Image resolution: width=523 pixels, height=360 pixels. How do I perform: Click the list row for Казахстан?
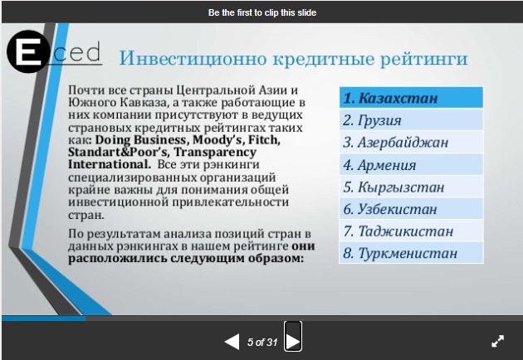[x=411, y=98]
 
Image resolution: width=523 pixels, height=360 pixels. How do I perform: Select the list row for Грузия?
[x=411, y=120]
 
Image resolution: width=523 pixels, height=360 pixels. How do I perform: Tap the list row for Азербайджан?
[x=411, y=143]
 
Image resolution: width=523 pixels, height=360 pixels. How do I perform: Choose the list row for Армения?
[x=411, y=165]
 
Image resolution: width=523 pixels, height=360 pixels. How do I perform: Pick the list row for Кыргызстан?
[x=411, y=187]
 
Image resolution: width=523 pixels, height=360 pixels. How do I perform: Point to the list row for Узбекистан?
[x=411, y=209]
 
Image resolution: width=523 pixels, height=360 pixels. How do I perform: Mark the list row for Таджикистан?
[x=411, y=231]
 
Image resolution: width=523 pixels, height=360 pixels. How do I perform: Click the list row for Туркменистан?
[x=411, y=253]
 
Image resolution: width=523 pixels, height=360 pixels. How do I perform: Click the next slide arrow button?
[x=293, y=336]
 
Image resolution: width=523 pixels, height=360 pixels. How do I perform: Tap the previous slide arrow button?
[x=232, y=342]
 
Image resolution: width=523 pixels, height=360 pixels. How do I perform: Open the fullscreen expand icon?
[x=497, y=341]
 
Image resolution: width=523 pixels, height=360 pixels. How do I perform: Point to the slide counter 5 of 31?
[x=262, y=342]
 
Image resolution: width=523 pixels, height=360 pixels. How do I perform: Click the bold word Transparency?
[x=215, y=153]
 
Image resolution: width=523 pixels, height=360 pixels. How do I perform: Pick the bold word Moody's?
[x=218, y=139]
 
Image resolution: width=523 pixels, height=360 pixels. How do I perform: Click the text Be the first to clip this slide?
[x=262, y=12]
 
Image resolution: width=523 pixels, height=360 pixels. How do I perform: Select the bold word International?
[x=110, y=164]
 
